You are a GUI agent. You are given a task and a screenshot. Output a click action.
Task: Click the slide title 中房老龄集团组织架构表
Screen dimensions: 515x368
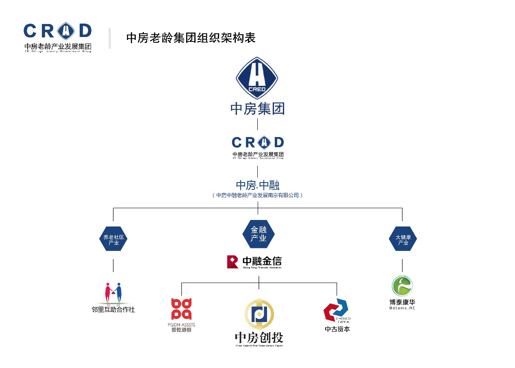[191, 38]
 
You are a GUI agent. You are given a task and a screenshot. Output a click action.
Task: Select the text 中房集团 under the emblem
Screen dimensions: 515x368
[257, 109]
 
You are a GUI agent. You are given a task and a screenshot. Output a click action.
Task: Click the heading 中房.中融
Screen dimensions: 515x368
[258, 185]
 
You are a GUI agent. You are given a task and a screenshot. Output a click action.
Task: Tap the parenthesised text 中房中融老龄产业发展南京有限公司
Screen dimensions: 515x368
[258, 195]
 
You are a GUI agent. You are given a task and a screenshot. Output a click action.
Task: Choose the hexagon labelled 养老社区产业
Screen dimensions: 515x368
[113, 239]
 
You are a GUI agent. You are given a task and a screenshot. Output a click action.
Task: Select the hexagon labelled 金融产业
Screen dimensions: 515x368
[258, 234]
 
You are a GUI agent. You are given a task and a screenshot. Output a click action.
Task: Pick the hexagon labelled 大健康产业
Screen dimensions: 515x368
[403, 239]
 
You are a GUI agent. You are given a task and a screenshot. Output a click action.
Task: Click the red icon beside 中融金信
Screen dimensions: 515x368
[233, 262]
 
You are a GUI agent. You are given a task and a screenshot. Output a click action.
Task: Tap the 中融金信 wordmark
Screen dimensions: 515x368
[262, 261]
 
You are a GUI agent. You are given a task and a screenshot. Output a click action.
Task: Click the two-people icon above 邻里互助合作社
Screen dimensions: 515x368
[113, 294]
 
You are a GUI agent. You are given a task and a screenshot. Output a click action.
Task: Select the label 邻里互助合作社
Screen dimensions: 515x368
[113, 309]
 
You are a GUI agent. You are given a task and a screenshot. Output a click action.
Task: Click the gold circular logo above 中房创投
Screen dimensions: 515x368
[259, 314]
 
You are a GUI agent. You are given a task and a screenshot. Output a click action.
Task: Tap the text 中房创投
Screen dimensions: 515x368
[259, 337]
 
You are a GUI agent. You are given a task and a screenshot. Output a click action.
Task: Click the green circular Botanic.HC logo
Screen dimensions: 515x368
[402, 286]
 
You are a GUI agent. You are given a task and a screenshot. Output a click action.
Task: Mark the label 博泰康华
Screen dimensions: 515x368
[402, 302]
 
